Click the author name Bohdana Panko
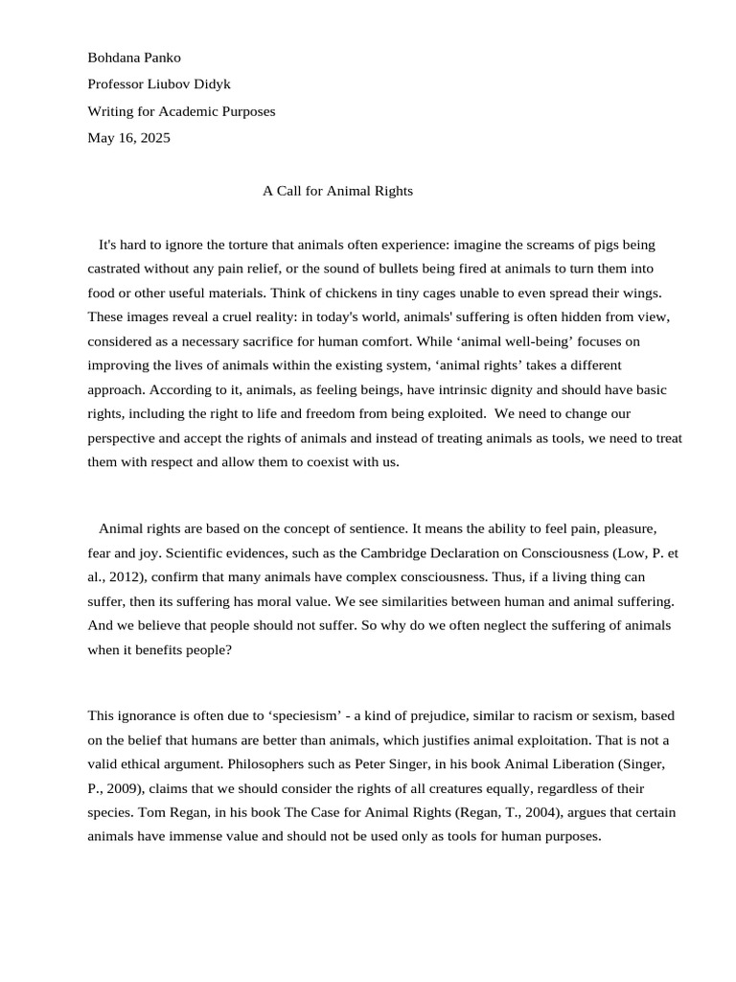(134, 58)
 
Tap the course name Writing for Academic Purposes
(181, 111)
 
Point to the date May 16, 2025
(128, 138)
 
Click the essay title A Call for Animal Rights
(337, 191)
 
